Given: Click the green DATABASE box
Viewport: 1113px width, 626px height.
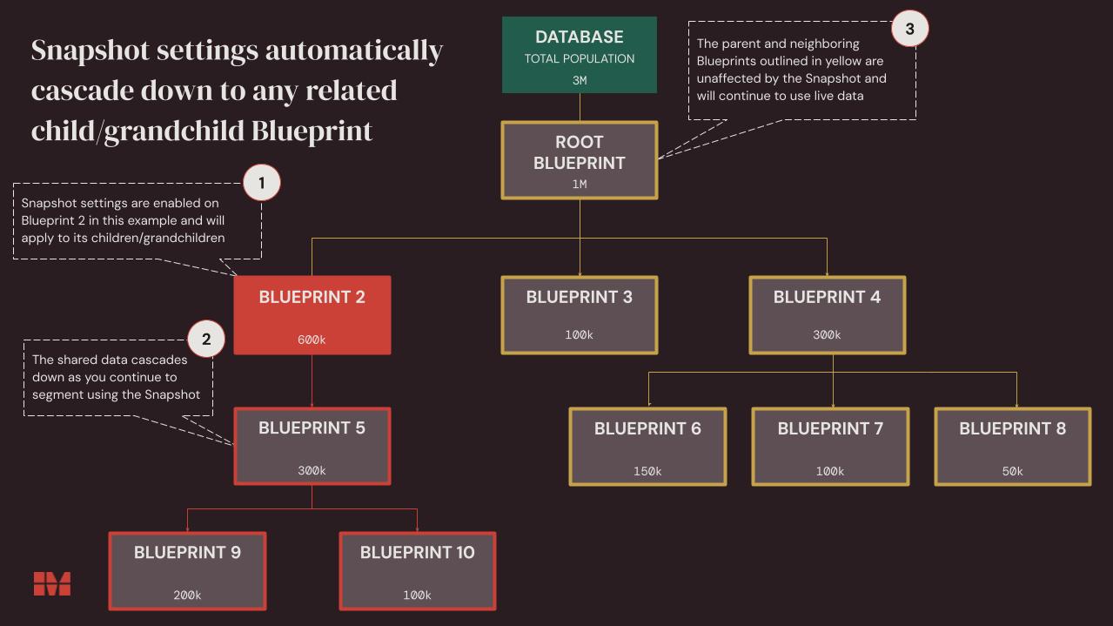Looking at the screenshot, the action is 580,55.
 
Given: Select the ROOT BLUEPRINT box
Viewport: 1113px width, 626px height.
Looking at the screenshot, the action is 580,160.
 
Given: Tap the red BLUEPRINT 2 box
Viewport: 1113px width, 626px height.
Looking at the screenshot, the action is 312,315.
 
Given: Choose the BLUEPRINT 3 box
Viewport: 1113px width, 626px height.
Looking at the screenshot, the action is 580,315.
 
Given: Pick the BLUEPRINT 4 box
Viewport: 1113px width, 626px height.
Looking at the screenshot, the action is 828,315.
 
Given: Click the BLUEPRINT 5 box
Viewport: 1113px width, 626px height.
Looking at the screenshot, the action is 312,446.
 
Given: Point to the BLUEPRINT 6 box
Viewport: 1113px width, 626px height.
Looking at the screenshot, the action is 647,447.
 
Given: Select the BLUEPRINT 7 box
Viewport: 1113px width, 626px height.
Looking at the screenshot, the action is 830,447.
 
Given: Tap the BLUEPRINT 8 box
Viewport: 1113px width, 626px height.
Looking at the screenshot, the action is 1013,447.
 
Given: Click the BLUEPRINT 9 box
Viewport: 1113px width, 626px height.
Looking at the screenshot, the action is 187,571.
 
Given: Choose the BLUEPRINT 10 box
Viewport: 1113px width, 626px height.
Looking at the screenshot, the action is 418,571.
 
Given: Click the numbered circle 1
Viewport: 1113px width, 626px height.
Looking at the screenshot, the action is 261,183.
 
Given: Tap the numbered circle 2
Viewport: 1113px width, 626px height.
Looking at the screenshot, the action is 206,339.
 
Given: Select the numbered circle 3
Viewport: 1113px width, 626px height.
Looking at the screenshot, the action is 909,29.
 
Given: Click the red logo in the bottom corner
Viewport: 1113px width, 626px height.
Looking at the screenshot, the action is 52,583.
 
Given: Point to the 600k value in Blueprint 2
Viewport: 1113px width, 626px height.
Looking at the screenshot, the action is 312,340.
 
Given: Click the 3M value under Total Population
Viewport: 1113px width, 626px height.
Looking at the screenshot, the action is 580,80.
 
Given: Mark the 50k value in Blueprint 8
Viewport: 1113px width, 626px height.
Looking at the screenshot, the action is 1013,471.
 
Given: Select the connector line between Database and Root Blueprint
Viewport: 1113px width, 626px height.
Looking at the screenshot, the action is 580,107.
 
